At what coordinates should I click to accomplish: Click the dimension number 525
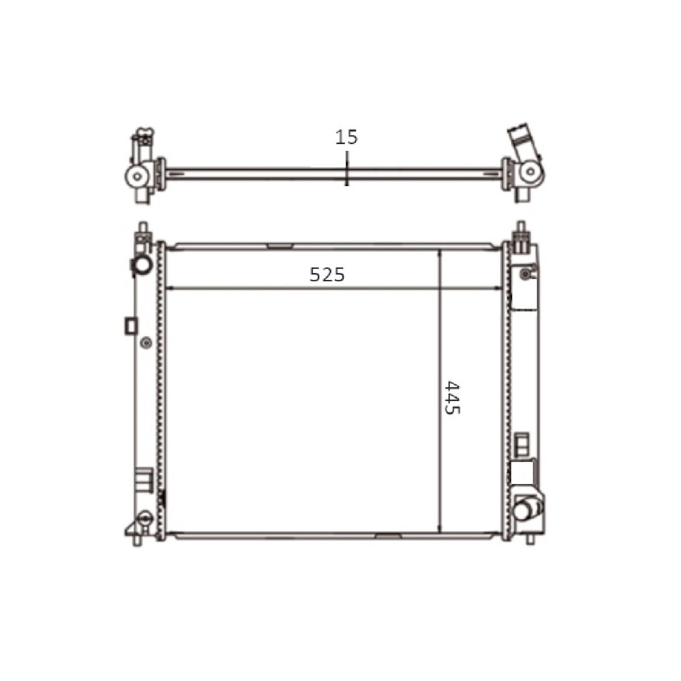point(327,274)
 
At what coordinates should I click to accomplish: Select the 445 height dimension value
point(452,398)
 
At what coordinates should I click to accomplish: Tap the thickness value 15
point(346,138)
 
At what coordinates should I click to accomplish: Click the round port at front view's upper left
point(141,264)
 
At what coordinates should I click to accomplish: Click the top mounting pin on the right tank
point(520,228)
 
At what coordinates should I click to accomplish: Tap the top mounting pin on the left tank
point(142,229)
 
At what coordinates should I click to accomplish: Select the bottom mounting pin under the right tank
point(530,538)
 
